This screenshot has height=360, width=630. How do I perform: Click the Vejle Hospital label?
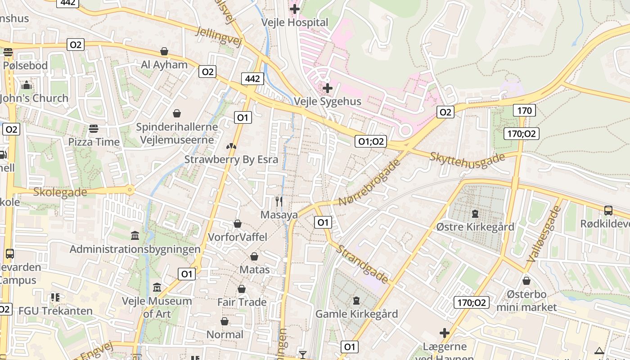295,22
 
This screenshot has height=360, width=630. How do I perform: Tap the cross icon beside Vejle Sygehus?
327,88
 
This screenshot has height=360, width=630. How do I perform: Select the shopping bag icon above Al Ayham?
164,51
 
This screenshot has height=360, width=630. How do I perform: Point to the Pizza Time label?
94,142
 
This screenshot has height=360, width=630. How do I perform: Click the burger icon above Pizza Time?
94,129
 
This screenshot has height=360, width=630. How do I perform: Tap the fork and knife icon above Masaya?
279,201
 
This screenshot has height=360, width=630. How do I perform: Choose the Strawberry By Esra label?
231,159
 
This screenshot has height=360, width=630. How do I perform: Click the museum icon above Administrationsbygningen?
135,235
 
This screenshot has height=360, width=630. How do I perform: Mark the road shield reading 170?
524,110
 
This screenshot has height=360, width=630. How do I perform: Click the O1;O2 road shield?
371,141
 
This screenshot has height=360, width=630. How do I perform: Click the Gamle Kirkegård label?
357,314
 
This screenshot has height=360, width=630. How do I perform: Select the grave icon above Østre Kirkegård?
475,213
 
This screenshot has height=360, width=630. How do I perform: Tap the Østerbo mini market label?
526,301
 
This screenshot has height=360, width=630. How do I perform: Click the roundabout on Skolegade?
130,190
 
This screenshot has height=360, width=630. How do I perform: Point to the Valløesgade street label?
544,234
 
